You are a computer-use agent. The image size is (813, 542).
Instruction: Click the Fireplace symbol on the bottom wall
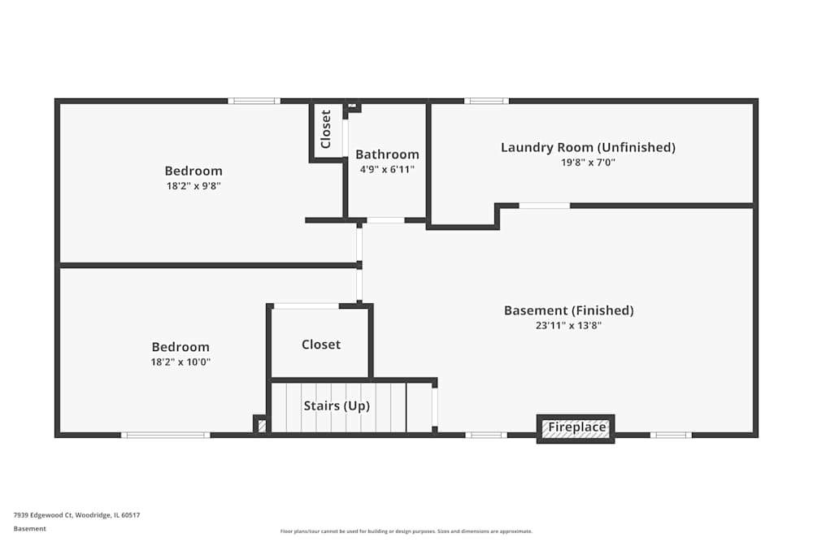point(576,428)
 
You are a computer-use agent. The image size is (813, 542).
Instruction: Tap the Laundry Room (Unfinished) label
point(588,147)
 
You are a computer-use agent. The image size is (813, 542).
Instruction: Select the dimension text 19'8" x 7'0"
point(588,162)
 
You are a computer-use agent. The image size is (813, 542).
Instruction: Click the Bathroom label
point(387,154)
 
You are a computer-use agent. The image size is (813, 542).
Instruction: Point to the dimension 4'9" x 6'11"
point(387,169)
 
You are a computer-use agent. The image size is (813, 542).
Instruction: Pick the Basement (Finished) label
point(568,310)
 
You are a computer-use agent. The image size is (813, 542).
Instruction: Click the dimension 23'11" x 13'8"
point(568,325)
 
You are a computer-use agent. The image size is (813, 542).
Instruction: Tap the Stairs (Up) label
point(337,405)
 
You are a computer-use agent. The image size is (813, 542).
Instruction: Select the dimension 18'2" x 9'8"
point(193,185)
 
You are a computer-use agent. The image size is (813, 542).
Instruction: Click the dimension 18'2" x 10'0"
point(180,362)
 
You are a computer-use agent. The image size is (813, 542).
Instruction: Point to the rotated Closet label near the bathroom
point(326,129)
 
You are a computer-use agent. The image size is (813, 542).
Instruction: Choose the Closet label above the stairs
point(321,345)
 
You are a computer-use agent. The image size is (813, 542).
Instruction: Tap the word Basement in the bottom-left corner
point(30,528)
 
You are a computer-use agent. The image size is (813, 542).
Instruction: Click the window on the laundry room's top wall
point(486,101)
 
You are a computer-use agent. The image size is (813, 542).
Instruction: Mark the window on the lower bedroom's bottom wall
point(165,436)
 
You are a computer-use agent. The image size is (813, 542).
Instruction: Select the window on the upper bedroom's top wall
point(254,101)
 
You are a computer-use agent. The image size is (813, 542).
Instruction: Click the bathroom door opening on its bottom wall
point(385,220)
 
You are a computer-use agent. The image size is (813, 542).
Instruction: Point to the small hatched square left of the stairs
point(261,425)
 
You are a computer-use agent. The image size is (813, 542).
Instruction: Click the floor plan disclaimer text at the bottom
point(406,531)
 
